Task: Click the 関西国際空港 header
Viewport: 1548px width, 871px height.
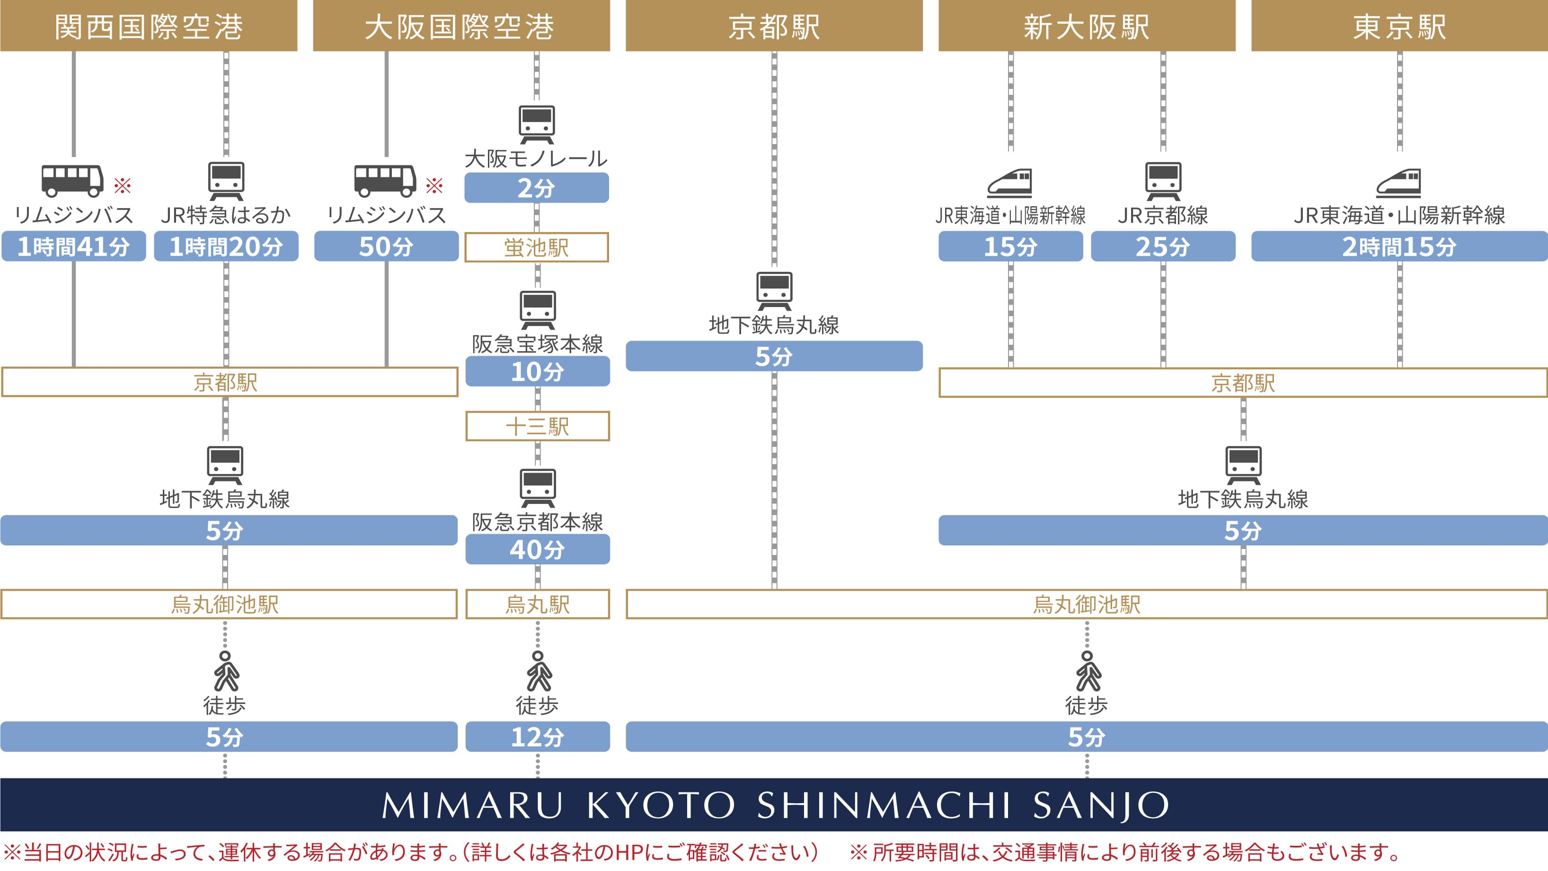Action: [x=149, y=26]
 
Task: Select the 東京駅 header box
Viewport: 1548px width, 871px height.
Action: [x=1399, y=26]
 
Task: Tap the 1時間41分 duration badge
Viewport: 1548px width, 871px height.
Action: [x=73, y=246]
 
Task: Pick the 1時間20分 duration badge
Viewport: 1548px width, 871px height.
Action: [x=226, y=246]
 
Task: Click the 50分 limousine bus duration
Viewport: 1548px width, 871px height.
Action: [x=386, y=246]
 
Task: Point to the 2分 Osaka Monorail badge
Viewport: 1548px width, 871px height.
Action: [x=536, y=187]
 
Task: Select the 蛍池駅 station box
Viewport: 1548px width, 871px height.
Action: [x=536, y=247]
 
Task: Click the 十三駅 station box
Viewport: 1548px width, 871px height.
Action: [x=537, y=426]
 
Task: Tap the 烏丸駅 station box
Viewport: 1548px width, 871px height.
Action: [x=537, y=604]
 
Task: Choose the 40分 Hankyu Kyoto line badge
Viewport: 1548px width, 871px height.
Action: [x=537, y=550]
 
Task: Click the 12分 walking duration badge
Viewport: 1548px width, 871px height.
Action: [x=537, y=737]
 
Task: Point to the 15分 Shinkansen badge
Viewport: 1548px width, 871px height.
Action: [x=1010, y=246]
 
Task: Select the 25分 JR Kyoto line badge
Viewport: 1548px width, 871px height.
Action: [x=1163, y=246]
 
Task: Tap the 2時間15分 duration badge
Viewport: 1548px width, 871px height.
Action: [x=1399, y=246]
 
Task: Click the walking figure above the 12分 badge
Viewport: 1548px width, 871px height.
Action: [x=539, y=671]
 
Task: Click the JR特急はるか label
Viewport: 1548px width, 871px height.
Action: [x=226, y=214]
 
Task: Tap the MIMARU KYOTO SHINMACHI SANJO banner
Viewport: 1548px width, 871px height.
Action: [x=774, y=804]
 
